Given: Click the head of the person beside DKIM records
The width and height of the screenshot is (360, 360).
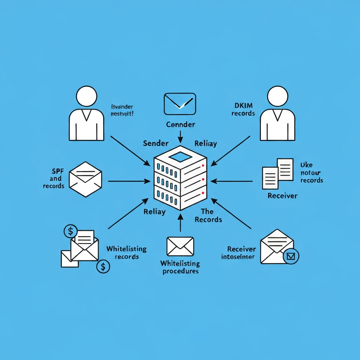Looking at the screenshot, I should coord(277,96).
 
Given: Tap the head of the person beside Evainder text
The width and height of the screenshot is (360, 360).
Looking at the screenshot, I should coord(86,96).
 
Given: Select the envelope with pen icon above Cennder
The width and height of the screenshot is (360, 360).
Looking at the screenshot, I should coord(180,104).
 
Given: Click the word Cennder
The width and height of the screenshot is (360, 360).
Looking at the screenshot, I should coord(180,124).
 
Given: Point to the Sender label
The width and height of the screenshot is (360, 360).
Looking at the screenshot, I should coord(156,143).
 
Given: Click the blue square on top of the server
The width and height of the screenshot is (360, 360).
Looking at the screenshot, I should coord(180,157).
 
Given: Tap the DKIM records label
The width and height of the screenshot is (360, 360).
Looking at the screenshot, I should coord(244,109).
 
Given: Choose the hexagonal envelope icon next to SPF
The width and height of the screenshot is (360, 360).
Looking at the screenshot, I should coord(85,179).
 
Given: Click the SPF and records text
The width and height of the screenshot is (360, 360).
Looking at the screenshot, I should coord(53,179).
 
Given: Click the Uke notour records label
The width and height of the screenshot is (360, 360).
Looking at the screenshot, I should coord(311,173).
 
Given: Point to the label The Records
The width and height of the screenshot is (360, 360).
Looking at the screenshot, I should coord(208,215).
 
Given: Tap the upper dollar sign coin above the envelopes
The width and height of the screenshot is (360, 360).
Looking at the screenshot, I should coord(71,231).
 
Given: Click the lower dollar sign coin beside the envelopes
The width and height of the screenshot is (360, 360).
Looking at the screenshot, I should coord(103,266).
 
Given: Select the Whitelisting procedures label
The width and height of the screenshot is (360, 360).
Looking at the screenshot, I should coord(180,267).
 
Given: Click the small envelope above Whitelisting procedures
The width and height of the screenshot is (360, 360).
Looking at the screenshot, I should coord(180,246).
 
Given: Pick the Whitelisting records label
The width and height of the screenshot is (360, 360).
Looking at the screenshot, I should coord(127,252).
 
